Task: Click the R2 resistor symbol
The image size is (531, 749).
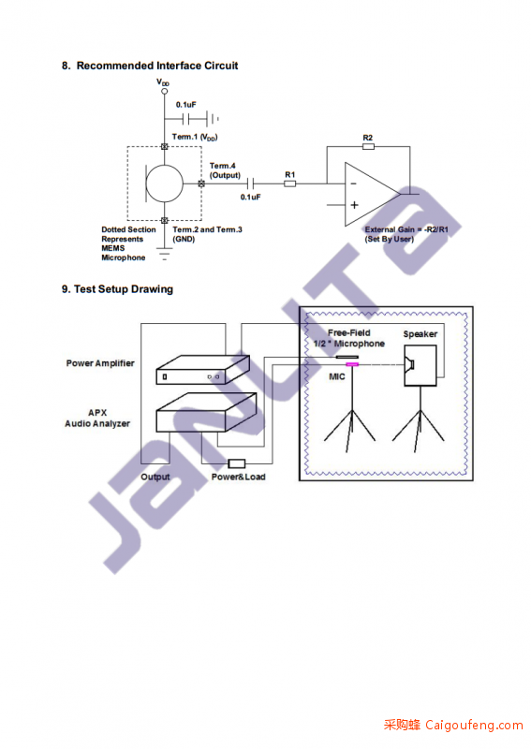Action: (x=368, y=146)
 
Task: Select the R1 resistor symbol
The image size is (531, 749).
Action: (x=289, y=184)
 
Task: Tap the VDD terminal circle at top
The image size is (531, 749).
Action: (x=165, y=91)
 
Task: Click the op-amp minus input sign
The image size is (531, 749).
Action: (x=353, y=184)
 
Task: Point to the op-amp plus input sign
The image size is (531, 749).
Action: (x=354, y=205)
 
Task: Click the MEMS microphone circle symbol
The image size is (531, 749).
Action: (x=165, y=184)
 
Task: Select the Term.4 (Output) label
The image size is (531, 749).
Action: (x=225, y=170)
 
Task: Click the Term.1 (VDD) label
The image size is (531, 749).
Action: (x=195, y=137)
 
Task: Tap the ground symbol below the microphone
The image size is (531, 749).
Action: (x=165, y=254)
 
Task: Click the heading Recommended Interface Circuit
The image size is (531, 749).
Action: (x=157, y=66)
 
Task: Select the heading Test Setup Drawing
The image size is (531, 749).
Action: (x=124, y=289)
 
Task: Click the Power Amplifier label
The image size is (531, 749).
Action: (x=100, y=363)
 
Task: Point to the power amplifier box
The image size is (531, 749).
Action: (x=202, y=370)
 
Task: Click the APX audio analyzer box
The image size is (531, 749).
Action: (x=206, y=412)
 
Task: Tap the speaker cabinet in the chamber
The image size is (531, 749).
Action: (x=420, y=365)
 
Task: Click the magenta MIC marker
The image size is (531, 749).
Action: (x=352, y=364)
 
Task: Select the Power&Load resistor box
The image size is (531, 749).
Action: (x=237, y=463)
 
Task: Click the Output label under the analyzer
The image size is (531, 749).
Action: (x=155, y=477)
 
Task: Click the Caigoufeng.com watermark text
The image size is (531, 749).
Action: (x=453, y=725)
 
